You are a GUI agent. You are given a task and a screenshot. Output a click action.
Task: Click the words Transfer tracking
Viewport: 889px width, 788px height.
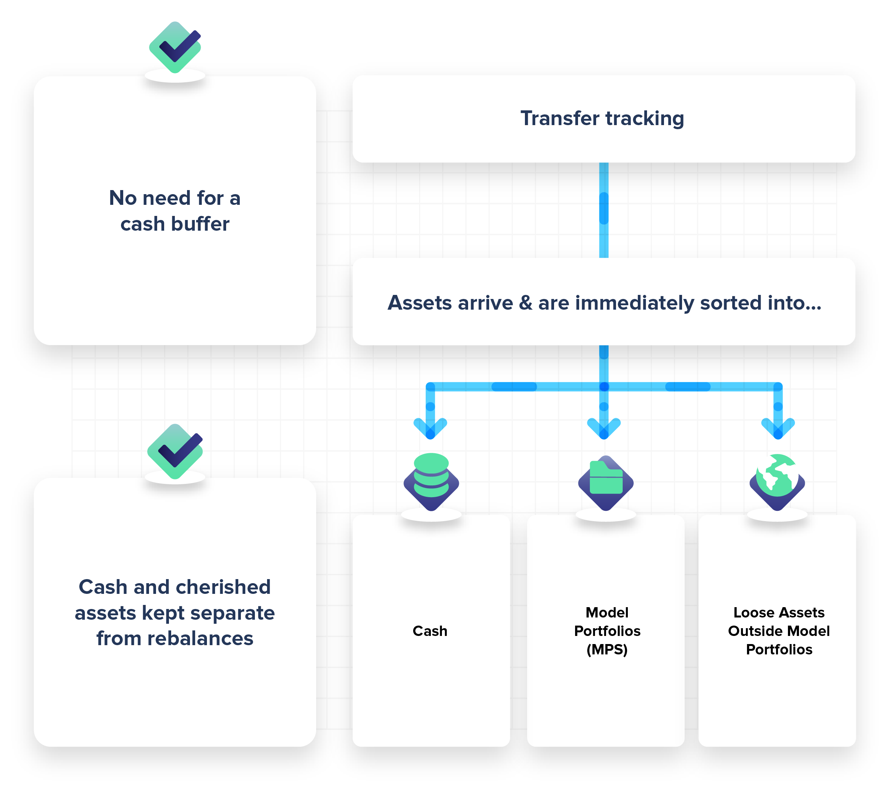click(x=602, y=118)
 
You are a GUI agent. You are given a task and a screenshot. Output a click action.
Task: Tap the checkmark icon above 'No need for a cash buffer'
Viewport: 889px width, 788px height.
click(x=175, y=47)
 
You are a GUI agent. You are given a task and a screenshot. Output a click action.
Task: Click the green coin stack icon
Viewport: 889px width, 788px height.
click(x=431, y=475)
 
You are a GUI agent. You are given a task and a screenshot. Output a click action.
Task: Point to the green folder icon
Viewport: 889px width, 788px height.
click(x=606, y=478)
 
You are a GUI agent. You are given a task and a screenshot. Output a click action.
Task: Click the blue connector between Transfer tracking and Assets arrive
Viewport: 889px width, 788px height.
click(x=604, y=210)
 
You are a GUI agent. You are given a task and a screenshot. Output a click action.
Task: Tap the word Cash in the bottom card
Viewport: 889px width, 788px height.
click(x=430, y=631)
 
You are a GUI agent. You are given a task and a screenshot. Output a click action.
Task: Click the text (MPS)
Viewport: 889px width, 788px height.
click(x=607, y=650)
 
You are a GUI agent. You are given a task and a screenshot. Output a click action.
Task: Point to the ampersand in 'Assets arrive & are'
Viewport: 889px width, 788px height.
click(x=525, y=303)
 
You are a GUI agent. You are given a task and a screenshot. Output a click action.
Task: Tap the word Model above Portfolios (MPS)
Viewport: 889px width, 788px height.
click(x=607, y=613)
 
